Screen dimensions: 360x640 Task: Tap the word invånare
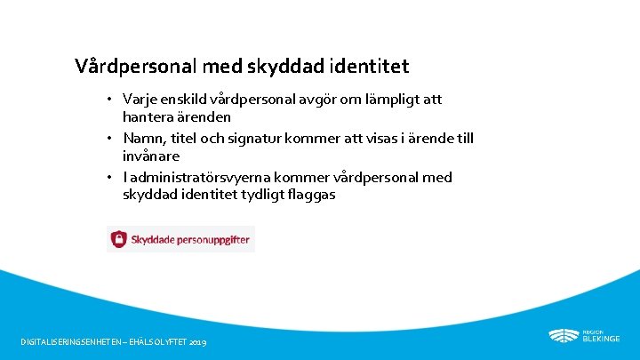[x=151, y=156]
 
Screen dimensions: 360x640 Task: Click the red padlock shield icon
[x=118, y=239]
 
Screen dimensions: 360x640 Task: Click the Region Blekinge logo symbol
[x=563, y=336]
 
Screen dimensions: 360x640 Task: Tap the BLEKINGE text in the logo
[x=601, y=339]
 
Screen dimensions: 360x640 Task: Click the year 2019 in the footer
[x=198, y=342]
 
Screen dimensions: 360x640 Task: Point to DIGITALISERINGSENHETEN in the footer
[x=70, y=342]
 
